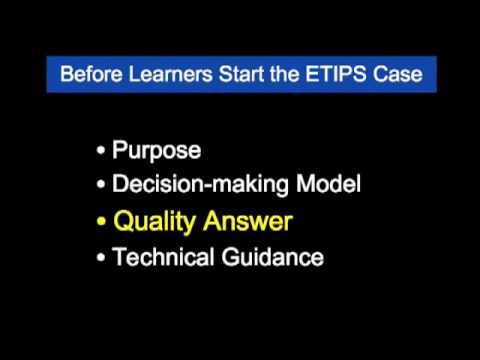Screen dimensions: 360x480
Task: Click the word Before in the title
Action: coord(88,74)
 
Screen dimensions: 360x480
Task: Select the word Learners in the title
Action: coord(162,74)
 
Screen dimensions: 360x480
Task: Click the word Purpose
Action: coord(157,151)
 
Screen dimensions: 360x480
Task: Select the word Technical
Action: coord(160,257)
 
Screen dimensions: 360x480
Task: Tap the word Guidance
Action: coord(269,257)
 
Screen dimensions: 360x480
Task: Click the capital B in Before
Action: coord(66,74)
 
